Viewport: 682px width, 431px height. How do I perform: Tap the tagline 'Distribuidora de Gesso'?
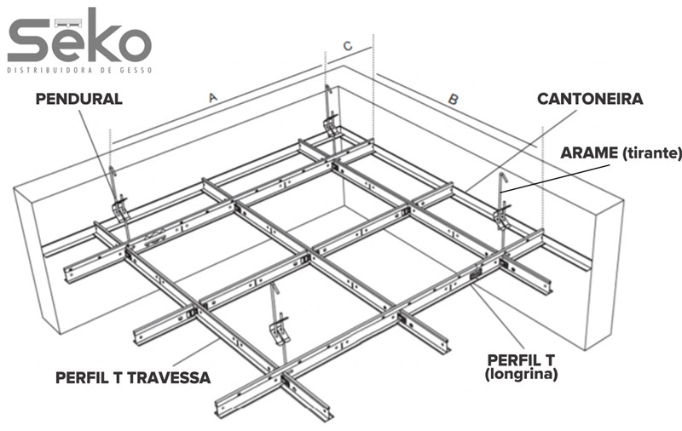tap(79, 70)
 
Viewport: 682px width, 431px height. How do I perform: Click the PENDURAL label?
tap(78, 99)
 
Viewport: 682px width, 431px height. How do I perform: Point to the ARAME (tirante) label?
tap(621, 153)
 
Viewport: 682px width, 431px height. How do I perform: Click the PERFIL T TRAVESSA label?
tap(132, 376)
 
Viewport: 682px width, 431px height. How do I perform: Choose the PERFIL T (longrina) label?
tap(522, 365)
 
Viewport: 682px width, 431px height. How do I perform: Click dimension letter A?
tap(213, 98)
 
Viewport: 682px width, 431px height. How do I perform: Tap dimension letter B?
tap(454, 100)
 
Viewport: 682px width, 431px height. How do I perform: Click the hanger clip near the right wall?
tap(503, 215)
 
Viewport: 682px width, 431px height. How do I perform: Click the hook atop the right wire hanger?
tap(504, 179)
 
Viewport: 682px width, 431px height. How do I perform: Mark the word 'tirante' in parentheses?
tap(652, 153)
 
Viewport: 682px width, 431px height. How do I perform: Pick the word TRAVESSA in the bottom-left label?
tap(170, 376)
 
